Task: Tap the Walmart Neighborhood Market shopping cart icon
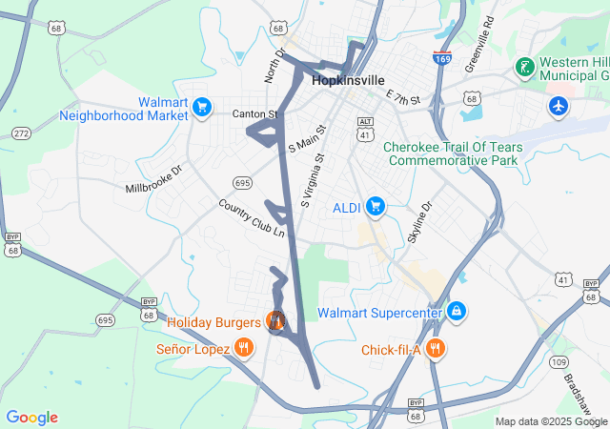pos(201,107)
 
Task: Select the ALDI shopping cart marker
pos(376,206)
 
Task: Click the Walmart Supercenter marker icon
pos(457,312)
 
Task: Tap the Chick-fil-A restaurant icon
pos(436,349)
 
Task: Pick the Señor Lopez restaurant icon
pos(244,348)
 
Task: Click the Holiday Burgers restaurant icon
pos(276,321)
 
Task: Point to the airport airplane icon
pos(559,106)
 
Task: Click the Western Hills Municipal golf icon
pos(523,68)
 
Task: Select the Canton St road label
pos(254,114)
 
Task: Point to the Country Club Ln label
pos(251,218)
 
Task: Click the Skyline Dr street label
pos(419,221)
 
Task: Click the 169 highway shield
pos(442,58)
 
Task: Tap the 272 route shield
pos(21,133)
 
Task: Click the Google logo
pos(31,418)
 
